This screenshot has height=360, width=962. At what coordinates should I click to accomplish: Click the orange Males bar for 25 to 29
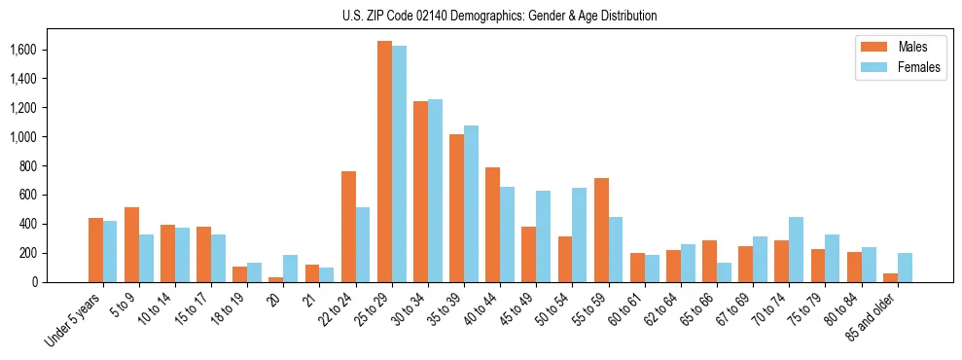[384, 162]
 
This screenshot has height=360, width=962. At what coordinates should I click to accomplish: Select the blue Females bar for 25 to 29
[399, 163]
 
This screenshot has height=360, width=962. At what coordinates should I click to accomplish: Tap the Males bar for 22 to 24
[348, 227]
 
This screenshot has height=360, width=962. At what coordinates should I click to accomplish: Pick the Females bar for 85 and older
[905, 268]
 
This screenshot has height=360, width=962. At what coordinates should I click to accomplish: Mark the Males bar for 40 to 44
[493, 225]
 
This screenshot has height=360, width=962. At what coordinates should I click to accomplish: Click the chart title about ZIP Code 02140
[499, 16]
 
